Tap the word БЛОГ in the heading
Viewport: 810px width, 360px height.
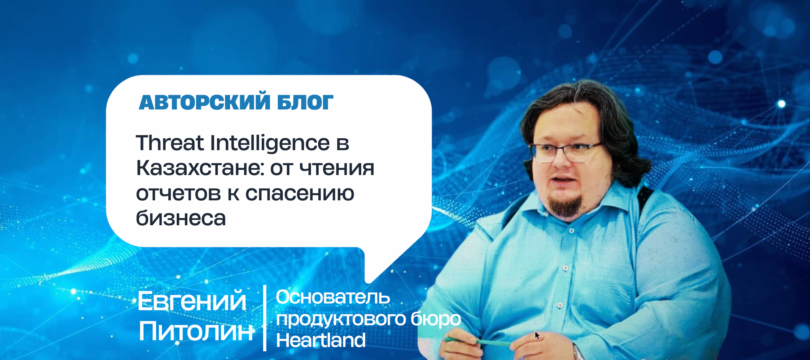click(305, 102)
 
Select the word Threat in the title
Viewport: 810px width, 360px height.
click(170, 143)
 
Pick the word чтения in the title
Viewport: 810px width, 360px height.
click(337, 169)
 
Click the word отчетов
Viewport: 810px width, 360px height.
click(178, 193)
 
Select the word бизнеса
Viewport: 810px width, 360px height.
click(181, 218)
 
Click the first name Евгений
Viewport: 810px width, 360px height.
click(192, 301)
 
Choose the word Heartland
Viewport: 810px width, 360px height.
click(321, 340)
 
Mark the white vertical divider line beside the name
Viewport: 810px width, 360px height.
click(264, 318)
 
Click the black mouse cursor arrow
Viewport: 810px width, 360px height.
click(537, 335)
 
